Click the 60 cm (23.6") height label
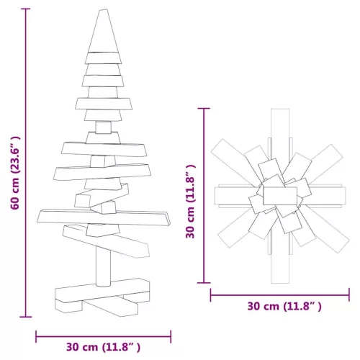pos(15,173)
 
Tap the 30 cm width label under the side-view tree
pos(103,347)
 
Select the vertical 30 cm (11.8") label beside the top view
pos(190,202)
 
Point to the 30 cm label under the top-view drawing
pos(284,307)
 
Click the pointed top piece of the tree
pos(104,31)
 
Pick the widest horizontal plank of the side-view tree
pos(104,217)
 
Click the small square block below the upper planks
pos(104,127)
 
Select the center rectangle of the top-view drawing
pos(280,196)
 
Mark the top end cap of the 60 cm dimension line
pos(26,9)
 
